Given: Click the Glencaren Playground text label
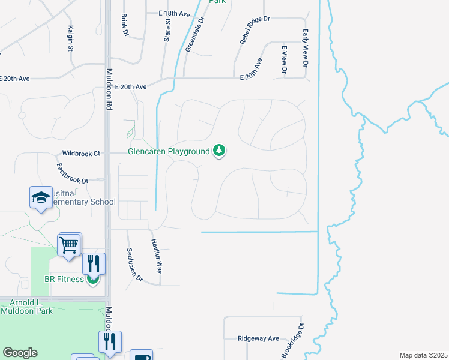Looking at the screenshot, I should pyautogui.click(x=169, y=151).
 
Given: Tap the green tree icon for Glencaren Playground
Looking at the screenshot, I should pyautogui.click(x=220, y=150).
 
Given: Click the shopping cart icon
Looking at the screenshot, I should pyautogui.click(x=69, y=244).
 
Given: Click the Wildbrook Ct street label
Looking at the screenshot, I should pyautogui.click(x=81, y=154).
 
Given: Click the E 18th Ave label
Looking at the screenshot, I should pyautogui.click(x=174, y=13).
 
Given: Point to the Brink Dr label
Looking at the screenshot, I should pyautogui.click(x=125, y=24).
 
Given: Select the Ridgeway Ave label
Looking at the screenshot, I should pyautogui.click(x=258, y=338).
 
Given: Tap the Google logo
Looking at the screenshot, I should pyautogui.click(x=20, y=353).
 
